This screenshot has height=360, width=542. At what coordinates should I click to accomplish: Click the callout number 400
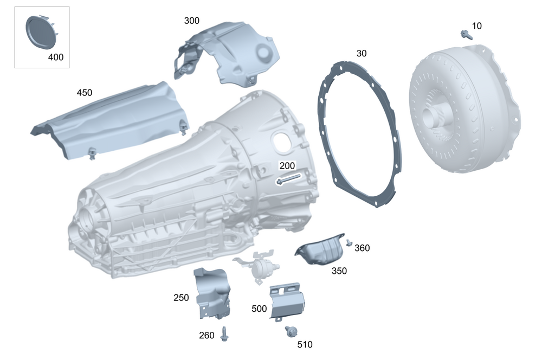pyautogui.click(x=56, y=57)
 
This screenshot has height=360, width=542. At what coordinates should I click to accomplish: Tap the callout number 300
pyautogui.click(x=191, y=21)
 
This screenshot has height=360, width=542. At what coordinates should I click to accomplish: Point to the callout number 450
pyautogui.click(x=85, y=93)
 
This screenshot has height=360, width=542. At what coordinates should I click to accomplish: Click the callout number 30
pyautogui.click(x=361, y=53)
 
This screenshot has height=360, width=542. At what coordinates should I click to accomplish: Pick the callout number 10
pyautogui.click(x=476, y=26)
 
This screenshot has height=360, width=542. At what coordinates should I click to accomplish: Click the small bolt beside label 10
pyautogui.click(x=466, y=34)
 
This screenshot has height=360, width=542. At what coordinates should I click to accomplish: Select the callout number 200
pyautogui.click(x=287, y=166)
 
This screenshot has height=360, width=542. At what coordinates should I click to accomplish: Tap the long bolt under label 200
pyautogui.click(x=289, y=179)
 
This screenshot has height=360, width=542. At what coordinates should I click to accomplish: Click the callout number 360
pyautogui.click(x=362, y=248)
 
